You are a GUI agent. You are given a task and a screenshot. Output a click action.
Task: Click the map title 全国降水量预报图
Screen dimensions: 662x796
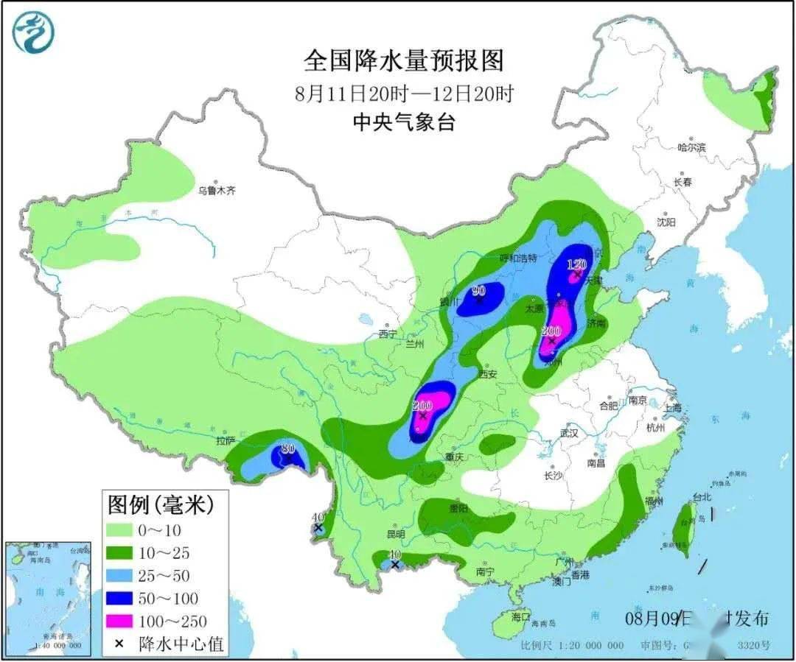[403, 61]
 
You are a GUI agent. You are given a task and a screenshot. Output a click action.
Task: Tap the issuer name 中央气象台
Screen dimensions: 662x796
[403, 122]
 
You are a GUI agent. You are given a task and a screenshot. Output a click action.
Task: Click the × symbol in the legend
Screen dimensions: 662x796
[118, 644]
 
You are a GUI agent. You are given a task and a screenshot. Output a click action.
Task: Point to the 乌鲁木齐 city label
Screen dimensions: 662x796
[216, 190]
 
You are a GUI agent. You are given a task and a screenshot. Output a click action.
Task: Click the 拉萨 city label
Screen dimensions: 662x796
[226, 440]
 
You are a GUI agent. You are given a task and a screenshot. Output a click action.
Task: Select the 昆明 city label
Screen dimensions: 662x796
[395, 534]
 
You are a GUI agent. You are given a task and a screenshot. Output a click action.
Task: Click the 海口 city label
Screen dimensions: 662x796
[520, 616]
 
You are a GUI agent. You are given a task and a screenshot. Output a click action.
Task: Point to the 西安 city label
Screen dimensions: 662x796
[487, 374]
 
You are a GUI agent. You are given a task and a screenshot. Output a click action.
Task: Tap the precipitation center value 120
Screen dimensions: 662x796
[576, 264]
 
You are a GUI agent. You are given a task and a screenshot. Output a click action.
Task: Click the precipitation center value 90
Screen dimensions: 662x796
[479, 290]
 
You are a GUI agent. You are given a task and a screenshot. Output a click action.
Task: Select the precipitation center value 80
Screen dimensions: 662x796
[288, 448]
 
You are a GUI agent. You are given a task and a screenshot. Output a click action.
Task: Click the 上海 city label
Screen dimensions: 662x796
[673, 407]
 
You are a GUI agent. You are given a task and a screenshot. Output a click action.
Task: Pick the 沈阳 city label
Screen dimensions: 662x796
[666, 222]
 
